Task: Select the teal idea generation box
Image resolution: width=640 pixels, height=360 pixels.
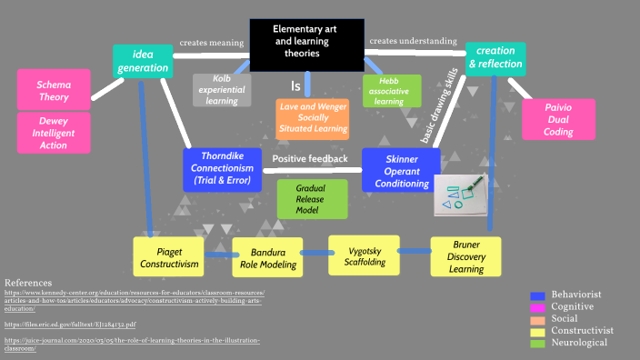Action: (143, 60)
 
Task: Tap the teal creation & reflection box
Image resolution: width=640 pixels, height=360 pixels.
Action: (495, 58)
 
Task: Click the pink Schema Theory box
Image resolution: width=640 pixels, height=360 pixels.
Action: (54, 90)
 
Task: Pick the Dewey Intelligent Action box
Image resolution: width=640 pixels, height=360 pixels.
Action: (54, 133)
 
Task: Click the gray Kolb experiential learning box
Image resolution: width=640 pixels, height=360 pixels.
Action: (222, 90)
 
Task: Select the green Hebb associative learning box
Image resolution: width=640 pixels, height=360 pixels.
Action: (390, 90)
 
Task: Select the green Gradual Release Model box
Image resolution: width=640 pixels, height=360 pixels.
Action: (312, 198)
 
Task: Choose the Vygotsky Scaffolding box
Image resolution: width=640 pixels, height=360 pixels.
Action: (363, 255)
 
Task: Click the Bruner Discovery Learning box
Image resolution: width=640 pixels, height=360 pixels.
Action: (465, 256)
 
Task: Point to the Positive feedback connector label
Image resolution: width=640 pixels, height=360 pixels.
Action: (310, 159)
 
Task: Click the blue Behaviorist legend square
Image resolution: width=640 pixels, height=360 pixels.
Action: (538, 295)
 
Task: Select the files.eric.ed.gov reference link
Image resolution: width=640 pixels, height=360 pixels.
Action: (70, 324)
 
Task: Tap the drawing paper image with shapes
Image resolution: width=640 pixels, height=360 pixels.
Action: (460, 195)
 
